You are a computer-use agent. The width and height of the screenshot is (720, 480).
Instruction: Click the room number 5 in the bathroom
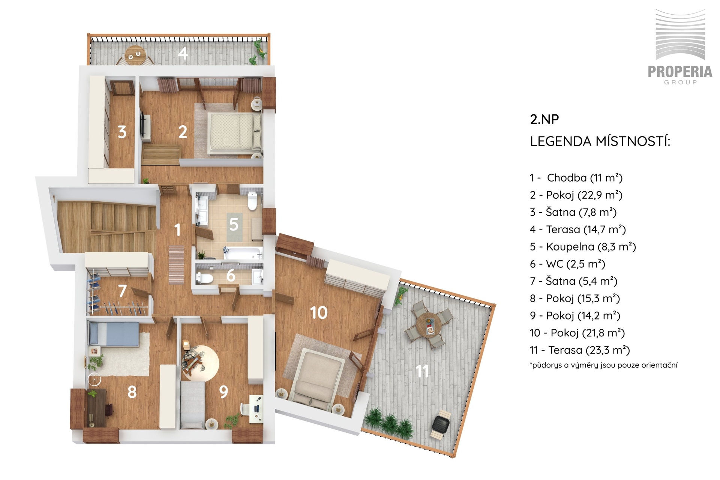pos(234,224)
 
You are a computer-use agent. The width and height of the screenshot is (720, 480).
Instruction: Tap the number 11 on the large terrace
pos(422,371)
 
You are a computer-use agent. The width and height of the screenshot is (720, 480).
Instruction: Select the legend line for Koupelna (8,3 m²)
pos(583,247)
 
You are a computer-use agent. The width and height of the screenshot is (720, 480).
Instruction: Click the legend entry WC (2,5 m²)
pos(567,264)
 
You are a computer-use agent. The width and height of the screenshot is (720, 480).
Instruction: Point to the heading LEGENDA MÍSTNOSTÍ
pos(600,141)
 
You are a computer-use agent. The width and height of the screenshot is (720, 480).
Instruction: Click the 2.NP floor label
pos(544,119)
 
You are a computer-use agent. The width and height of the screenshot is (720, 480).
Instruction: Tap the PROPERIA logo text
pos(680,72)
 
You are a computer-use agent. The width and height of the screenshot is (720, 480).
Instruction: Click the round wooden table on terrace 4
pos(135,55)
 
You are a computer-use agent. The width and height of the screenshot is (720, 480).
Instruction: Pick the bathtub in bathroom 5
pos(243,253)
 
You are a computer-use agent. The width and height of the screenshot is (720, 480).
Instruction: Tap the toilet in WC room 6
pos(205,278)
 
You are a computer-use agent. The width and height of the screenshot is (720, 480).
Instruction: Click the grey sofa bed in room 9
pos(192,405)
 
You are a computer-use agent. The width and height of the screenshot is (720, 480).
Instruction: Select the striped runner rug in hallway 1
pos(176,265)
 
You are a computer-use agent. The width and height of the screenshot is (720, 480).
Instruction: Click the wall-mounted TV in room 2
pos(142,123)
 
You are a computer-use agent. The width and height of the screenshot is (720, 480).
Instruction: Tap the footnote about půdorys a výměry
pos(603,365)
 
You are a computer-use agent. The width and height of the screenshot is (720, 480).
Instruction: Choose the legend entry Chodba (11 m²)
pos(576,178)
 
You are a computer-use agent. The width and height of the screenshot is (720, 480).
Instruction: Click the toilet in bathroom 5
pos(252,201)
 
